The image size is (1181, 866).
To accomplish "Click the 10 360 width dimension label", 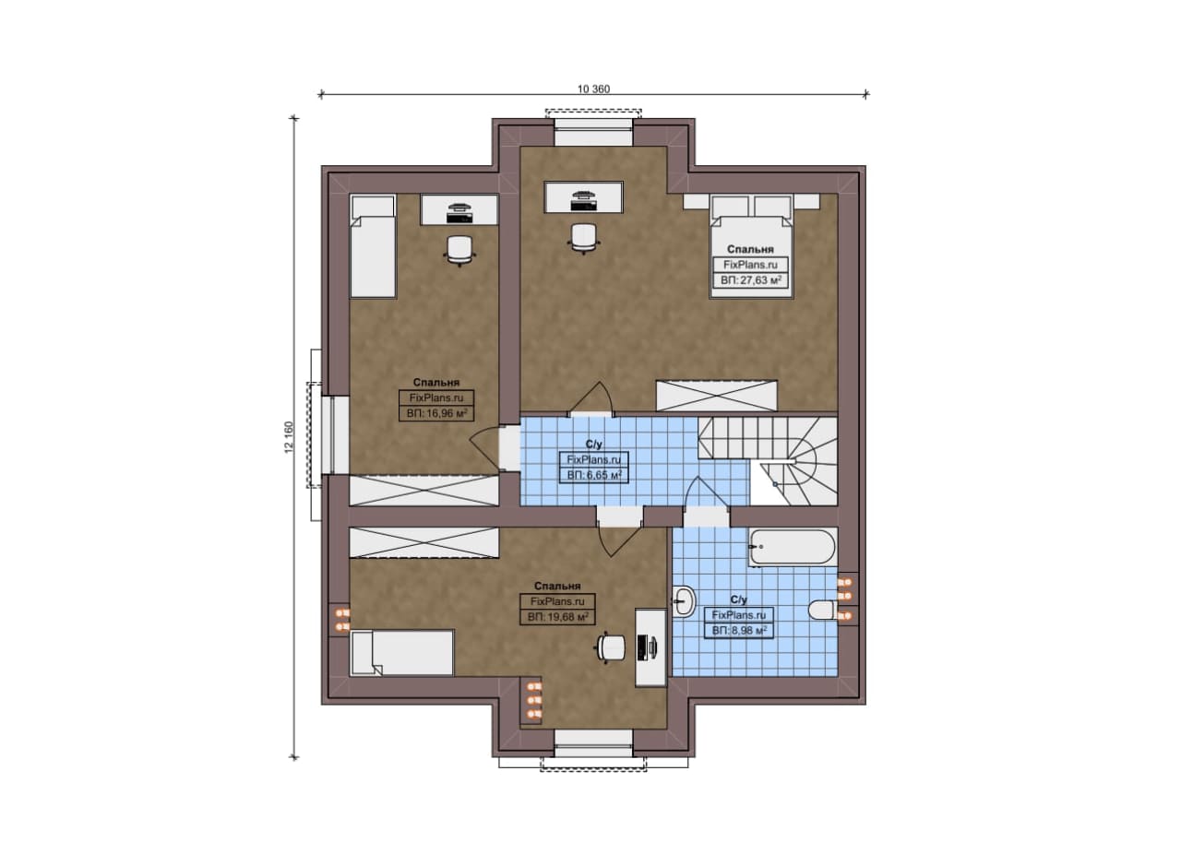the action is click(x=593, y=89).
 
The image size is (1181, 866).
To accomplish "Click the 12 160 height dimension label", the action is click(x=289, y=437).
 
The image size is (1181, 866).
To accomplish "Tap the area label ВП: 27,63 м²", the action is click(x=751, y=279).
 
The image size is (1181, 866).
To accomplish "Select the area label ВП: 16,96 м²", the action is click(x=437, y=413).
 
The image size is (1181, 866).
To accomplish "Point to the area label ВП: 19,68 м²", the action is click(x=558, y=617).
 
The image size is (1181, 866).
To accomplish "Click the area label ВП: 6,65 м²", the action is click(x=594, y=476).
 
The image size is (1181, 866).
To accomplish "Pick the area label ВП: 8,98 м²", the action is click(x=739, y=631).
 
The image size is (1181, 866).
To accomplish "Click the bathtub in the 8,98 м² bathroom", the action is click(x=793, y=547).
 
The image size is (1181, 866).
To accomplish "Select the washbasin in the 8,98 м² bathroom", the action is click(x=685, y=600).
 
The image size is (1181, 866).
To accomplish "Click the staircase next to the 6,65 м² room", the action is click(x=768, y=461).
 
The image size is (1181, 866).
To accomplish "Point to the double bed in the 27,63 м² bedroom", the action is click(x=752, y=246).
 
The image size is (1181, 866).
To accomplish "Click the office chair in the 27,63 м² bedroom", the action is click(x=584, y=237).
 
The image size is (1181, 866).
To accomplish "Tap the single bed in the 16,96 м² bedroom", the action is click(x=373, y=246).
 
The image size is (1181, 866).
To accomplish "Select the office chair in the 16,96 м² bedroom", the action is click(x=459, y=250).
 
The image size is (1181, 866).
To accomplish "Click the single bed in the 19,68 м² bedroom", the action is click(x=401, y=653).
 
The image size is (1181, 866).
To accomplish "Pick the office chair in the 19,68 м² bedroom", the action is click(x=612, y=647).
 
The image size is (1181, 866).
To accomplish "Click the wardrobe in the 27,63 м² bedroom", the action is click(x=717, y=396).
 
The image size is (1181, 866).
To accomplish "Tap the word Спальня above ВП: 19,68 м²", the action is click(x=557, y=587).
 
